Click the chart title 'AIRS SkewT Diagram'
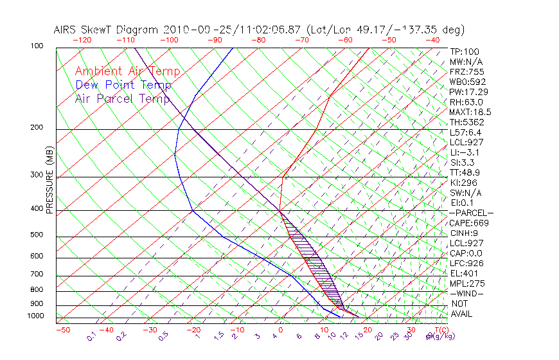coord(107,30)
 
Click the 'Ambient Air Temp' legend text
coord(127,71)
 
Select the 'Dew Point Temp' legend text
coord(123,85)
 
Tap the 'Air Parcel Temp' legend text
coord(122,98)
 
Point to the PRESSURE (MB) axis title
coord(49,180)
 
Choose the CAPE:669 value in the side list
coord(469,223)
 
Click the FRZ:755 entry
coord(466,71)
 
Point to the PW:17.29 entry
coord(468,92)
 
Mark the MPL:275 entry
coord(466,283)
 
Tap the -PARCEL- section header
coord(471,213)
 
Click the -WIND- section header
coord(466,293)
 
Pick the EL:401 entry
coord(464,273)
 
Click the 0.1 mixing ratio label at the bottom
coord(92,336)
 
